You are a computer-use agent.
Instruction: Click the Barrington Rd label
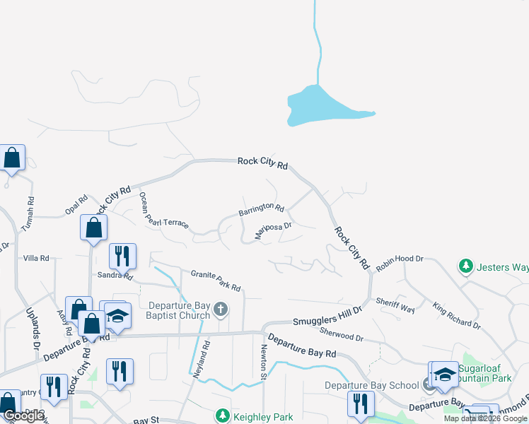point(261,209)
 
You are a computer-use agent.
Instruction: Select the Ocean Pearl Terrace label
point(163,211)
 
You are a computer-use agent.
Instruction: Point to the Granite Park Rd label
point(216,280)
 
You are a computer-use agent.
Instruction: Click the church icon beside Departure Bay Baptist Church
point(221,309)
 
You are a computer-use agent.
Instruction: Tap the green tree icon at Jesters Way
point(465,266)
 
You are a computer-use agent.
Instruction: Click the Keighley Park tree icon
point(223,416)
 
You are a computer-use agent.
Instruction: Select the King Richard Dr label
point(456,315)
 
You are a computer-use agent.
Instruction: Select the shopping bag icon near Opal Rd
point(93,228)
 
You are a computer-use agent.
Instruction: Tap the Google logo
point(23,416)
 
